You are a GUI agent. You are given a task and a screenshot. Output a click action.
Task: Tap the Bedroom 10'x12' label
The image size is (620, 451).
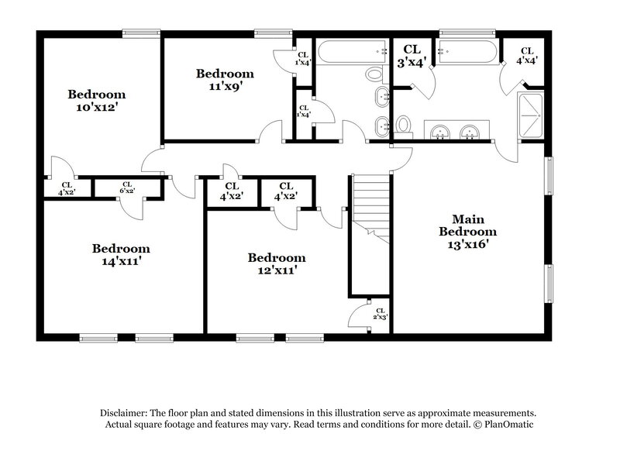tap(96, 102)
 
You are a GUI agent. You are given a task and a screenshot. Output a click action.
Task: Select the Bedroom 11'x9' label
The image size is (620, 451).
tap(225, 80)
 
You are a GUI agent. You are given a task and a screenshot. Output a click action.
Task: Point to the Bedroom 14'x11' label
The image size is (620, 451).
tap(121, 255)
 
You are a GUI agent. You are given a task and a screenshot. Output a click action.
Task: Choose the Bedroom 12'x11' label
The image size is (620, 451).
tap(277, 263)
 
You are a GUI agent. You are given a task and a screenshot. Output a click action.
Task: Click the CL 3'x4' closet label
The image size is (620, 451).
tap(411, 57)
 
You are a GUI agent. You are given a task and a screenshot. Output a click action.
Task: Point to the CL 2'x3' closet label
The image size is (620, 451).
tap(380, 314)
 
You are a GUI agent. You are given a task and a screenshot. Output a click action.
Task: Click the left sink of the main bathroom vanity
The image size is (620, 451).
tap(439, 133)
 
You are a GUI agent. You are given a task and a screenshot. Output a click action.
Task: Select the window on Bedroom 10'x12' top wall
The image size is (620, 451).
tap(136, 33)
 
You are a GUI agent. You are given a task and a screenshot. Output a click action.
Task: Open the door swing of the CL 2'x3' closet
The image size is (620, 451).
tap(360, 316)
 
